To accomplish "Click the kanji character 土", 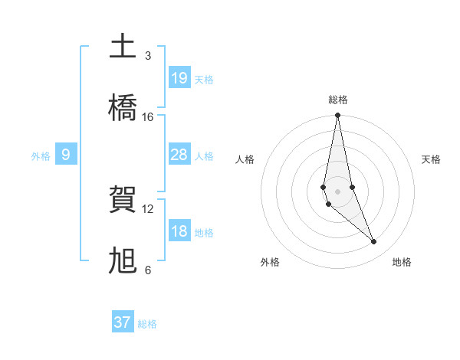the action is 123,47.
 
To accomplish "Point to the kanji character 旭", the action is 123,261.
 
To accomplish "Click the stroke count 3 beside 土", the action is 147,55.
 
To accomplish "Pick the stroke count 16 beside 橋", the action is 148,116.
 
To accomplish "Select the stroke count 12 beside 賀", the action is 148,208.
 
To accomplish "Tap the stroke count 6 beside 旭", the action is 147,270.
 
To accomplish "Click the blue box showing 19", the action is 179,78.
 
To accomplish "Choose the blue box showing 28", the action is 179,155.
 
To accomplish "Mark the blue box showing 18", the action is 179,231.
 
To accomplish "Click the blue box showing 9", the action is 66,155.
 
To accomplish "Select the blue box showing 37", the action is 123,322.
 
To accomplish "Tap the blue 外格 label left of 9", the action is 41,156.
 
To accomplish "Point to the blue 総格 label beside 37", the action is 147,324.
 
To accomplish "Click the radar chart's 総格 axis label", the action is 338,100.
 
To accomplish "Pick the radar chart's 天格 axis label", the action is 432,159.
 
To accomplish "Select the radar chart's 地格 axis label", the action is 402,262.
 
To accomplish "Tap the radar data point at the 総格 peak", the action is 337,116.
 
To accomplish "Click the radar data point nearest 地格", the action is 374,242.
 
